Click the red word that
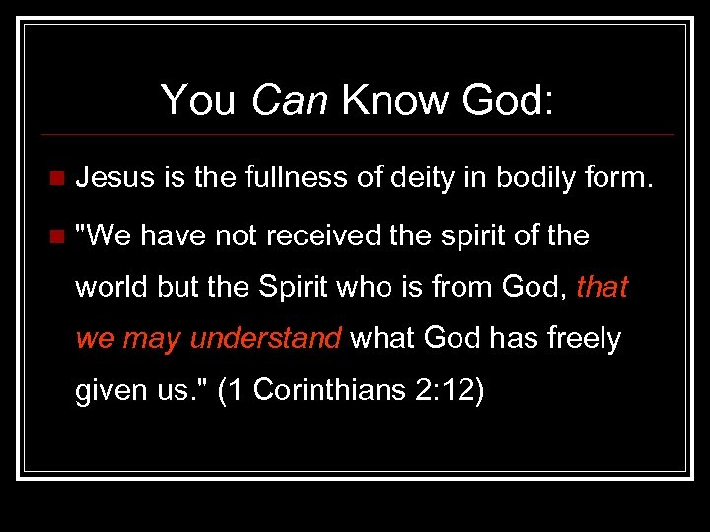(602, 287)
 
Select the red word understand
(265, 339)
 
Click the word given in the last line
(110, 390)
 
